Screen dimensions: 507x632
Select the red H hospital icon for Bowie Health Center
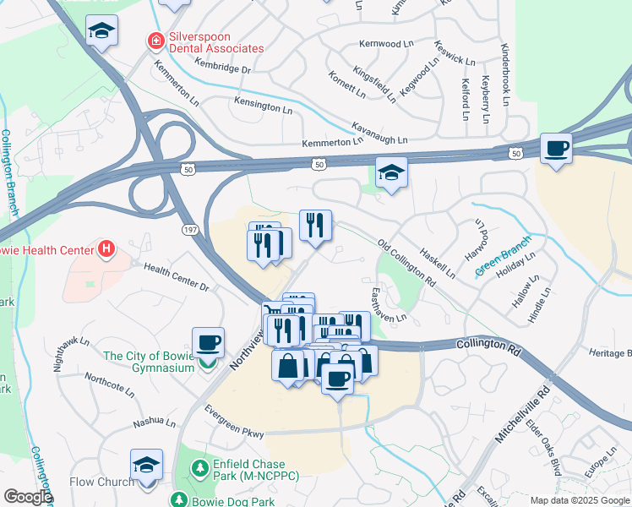coord(106,249)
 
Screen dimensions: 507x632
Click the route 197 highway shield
coord(191,229)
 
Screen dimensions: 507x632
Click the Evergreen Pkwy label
coord(234,421)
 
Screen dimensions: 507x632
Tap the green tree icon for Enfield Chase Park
coord(200,466)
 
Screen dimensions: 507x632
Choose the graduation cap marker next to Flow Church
coord(146,466)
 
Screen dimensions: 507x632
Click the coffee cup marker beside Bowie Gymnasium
coord(208,343)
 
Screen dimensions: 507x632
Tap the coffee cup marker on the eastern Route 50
coord(556,149)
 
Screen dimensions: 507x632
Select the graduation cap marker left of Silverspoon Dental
coord(102,31)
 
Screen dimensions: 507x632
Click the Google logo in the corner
coord(28,497)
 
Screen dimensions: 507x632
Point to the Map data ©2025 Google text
coord(580,500)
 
